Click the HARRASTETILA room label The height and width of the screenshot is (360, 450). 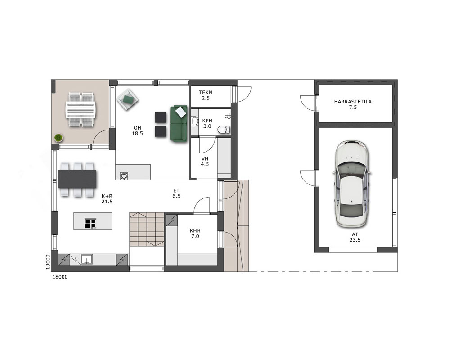(353, 104)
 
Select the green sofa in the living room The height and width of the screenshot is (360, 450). (179, 123)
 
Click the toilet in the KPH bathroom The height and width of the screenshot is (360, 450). (224, 130)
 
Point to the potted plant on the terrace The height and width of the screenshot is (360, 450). (58, 138)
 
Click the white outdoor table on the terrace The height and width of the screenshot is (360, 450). (81, 109)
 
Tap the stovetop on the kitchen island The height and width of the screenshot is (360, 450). (90, 224)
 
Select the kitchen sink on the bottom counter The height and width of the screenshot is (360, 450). (86, 260)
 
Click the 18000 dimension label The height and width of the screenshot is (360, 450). (60, 277)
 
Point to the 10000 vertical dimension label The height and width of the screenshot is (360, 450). (48, 262)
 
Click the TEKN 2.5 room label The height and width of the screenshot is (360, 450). (206, 95)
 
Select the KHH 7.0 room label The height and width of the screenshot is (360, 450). (195, 234)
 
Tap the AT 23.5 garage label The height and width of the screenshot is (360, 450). (355, 237)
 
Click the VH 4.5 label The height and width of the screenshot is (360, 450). (205, 162)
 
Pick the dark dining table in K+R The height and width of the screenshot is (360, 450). (77, 179)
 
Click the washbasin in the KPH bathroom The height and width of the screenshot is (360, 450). (195, 121)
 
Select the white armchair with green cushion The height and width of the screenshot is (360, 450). (128, 99)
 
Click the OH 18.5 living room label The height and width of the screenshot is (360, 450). (137, 130)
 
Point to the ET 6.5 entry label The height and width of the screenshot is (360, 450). (176, 193)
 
